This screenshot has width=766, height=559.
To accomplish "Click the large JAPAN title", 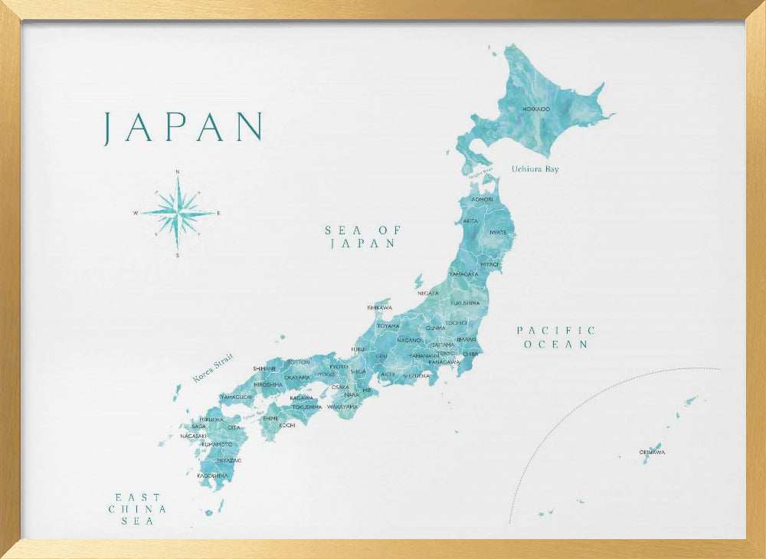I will pyautogui.click(x=183, y=127).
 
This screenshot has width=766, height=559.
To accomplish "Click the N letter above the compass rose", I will pyautogui.click(x=178, y=172).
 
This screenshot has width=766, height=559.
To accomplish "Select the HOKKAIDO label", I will pyautogui.click(x=536, y=110).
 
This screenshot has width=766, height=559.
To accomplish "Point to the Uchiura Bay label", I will pyautogui.click(x=535, y=168).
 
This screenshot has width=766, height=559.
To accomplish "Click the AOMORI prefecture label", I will pyautogui.click(x=482, y=199).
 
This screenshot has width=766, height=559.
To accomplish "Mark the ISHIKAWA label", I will pyautogui.click(x=380, y=308).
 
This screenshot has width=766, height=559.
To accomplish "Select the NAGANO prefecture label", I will pyautogui.click(x=409, y=340).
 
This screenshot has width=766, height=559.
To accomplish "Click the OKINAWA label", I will pyautogui.click(x=652, y=453).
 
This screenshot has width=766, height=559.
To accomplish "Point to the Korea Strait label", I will pyautogui.click(x=212, y=368).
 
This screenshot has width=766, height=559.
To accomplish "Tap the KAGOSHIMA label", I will pyautogui.click(x=212, y=476).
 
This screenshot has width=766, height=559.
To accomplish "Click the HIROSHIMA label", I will pyautogui.click(x=268, y=384).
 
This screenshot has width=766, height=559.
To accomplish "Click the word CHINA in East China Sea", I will pyautogui.click(x=137, y=508).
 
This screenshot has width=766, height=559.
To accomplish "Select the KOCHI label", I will pyautogui.click(x=286, y=425).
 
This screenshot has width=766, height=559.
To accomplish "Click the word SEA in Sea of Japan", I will pyautogui.click(x=342, y=230).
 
